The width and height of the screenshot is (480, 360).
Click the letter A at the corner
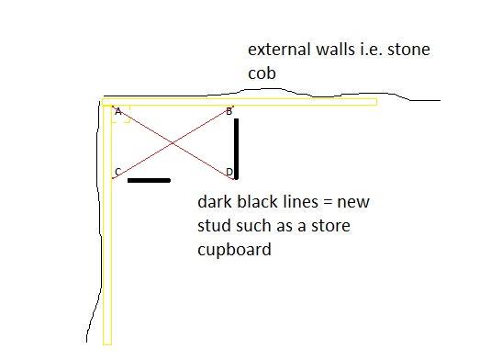pos(117,111)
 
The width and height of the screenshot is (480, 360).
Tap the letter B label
pos(229,112)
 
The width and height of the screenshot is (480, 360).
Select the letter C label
pos(117,172)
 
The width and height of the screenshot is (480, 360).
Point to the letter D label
pos(229,172)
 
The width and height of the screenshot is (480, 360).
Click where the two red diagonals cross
pos(173,142)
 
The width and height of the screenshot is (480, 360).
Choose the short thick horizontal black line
pos(149,180)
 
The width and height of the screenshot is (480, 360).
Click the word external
pos(278,50)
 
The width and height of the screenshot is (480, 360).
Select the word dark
pos(214,202)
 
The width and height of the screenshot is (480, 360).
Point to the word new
pos(349,202)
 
